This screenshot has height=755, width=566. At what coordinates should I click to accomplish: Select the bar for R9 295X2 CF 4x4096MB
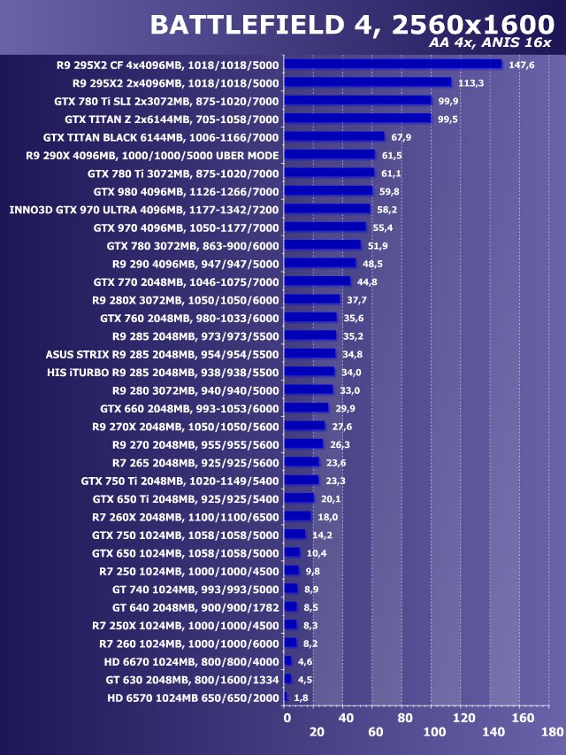click(393, 64)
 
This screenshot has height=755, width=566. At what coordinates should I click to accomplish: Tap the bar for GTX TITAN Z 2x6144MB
click(357, 119)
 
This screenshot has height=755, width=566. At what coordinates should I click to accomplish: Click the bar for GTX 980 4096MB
click(328, 190)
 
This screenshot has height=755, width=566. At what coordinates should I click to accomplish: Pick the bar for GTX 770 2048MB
click(317, 281)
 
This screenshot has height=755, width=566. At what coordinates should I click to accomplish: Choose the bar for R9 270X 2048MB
click(305, 427)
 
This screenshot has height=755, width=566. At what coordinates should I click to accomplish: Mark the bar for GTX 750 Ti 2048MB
click(302, 481)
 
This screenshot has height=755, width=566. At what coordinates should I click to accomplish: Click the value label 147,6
click(523, 65)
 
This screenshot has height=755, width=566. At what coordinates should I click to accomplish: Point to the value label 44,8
click(368, 282)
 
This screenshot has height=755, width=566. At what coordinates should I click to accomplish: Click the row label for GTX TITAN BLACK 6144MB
click(161, 137)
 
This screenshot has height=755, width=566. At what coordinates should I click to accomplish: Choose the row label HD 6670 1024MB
click(191, 662)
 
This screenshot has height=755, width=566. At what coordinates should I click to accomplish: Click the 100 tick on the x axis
click(434, 732)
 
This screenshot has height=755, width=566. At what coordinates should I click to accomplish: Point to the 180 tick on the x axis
click(551, 732)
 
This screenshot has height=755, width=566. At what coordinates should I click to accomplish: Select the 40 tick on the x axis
click(346, 717)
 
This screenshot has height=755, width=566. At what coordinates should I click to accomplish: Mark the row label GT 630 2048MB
click(192, 680)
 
